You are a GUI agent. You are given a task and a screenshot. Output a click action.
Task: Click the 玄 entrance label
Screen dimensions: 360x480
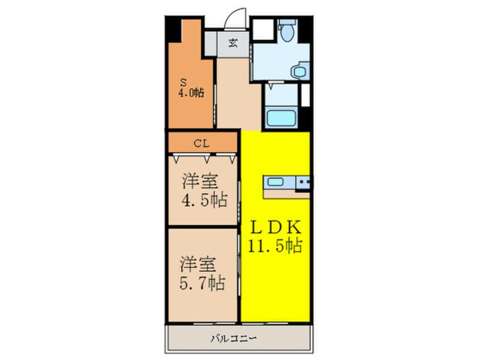233,43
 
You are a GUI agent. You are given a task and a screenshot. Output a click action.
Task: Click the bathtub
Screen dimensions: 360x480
281,118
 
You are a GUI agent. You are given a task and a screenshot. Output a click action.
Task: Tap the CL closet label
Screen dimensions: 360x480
202,143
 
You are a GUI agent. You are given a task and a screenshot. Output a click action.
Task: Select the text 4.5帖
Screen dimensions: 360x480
204,200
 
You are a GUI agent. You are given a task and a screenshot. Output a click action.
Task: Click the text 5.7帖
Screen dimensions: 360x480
203,282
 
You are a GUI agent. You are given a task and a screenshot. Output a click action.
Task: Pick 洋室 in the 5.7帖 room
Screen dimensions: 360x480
199,264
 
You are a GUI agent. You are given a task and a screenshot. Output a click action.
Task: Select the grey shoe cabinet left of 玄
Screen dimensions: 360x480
212,43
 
